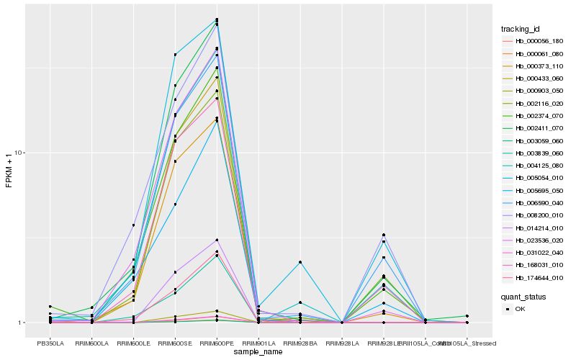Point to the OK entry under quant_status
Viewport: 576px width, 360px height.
523,309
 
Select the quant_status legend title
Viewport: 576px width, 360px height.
523,296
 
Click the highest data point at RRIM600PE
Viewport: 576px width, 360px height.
217,19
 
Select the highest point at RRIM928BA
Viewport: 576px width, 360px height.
300,262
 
